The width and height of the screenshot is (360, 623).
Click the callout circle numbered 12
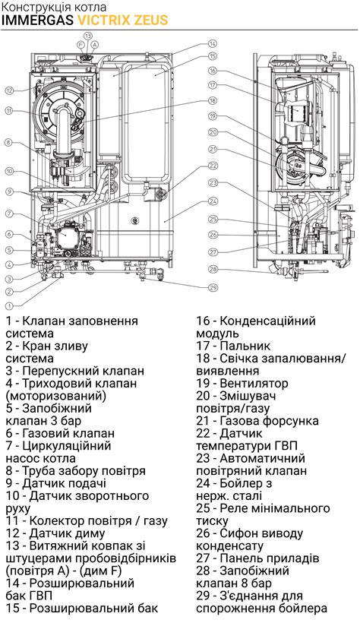pos(10,90)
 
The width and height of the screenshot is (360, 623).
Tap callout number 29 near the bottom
pos(213,287)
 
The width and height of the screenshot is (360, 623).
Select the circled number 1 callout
pos(10,306)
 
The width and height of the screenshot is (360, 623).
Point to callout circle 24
pos(213,201)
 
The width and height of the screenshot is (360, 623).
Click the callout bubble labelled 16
pos(213,71)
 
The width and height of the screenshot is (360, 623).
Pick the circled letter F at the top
pos(81,45)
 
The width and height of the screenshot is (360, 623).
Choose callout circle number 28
pos(213,270)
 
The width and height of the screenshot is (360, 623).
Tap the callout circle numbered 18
pos(213,101)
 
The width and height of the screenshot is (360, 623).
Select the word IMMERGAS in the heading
pos(38,20)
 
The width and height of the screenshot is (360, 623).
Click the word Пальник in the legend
pos(245,346)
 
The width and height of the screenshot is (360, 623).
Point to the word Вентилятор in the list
pos(254,384)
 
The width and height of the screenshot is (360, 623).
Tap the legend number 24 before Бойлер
pos(203,483)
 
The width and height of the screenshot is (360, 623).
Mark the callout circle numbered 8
pos(10,142)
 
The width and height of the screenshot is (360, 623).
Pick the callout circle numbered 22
pos(213,166)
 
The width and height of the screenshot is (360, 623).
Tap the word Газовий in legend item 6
pos(45,434)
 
